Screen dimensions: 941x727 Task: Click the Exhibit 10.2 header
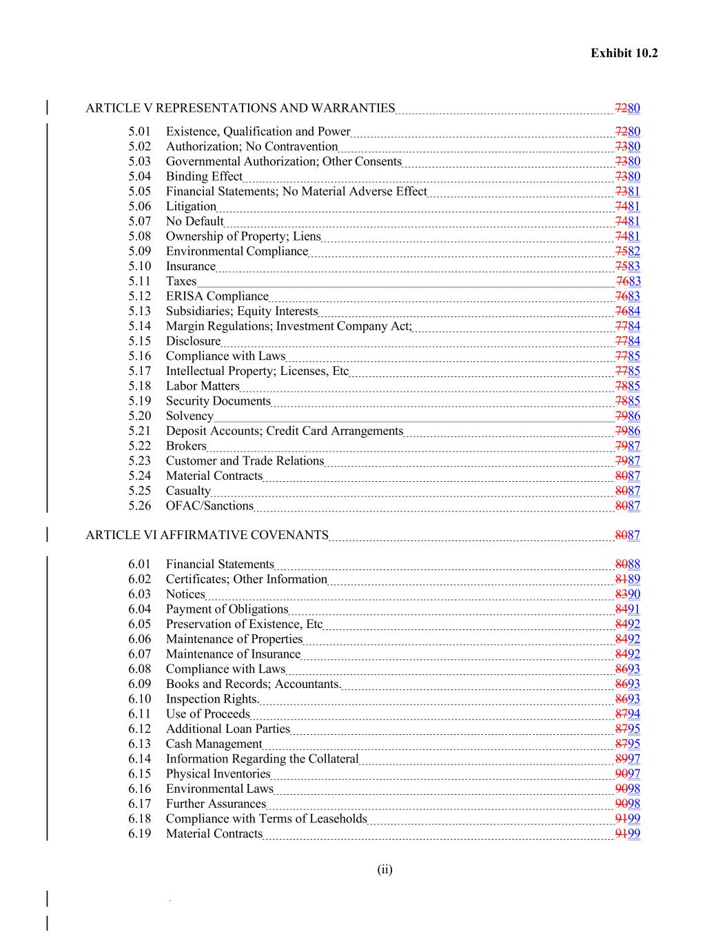coord(624,53)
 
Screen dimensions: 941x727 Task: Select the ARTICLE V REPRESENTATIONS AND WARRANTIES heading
coord(240,108)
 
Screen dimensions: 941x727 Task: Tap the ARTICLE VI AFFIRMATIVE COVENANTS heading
coord(207,535)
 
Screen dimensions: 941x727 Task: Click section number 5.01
coord(139,132)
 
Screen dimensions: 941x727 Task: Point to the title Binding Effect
coord(204,176)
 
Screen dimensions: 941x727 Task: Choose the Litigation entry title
coord(191,206)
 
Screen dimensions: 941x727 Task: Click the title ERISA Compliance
coord(217,296)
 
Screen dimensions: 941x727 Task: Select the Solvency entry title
coord(190,416)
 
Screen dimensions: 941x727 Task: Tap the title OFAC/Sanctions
coord(209,506)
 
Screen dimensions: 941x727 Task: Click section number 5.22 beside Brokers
coord(139,446)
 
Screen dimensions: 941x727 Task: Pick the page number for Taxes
coord(628,281)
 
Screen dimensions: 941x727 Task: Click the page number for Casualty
coord(628,491)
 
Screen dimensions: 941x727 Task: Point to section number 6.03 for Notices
coord(139,594)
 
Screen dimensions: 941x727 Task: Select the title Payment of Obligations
coord(227,609)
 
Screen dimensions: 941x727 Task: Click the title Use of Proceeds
coord(207,714)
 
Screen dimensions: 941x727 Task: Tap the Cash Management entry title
coord(214,744)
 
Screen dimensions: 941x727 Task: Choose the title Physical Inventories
coord(218,774)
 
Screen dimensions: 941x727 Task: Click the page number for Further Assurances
coord(628,804)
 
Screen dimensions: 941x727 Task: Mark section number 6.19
coord(139,834)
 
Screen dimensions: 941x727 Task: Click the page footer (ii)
coord(385,869)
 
